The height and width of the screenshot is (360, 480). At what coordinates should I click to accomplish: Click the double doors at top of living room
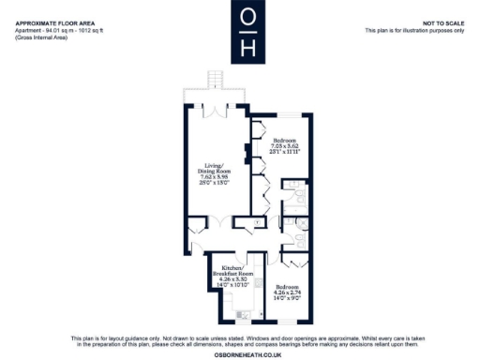point(217,110)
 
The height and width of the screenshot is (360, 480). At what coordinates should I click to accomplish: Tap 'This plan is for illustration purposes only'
point(413,30)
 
